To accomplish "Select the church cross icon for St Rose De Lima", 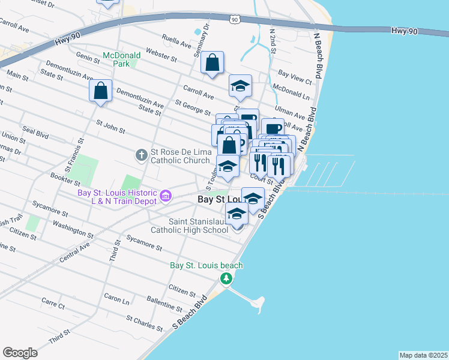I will point(142,155).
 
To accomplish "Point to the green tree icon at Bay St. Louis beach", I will point(226,278).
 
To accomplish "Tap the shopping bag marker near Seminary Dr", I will point(212,62).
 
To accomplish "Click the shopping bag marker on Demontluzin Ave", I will point(101,91).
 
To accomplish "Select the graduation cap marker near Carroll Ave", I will point(240,86).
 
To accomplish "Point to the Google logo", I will point(20,353).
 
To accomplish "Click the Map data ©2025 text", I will point(423,355).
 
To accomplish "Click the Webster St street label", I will point(161,56).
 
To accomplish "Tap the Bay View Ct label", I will point(295,75).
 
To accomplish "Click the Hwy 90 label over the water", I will point(403,30).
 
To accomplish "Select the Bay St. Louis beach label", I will point(206,265).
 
